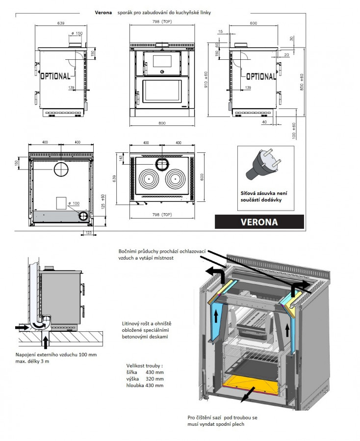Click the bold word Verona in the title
(x=103, y=12)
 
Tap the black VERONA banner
(x=259, y=221)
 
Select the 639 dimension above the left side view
(x=61, y=23)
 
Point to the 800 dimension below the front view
(x=162, y=122)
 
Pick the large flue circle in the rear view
(x=61, y=171)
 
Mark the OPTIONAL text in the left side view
(x=55, y=76)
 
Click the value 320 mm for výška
(x=154, y=379)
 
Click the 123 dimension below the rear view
(x=89, y=233)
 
